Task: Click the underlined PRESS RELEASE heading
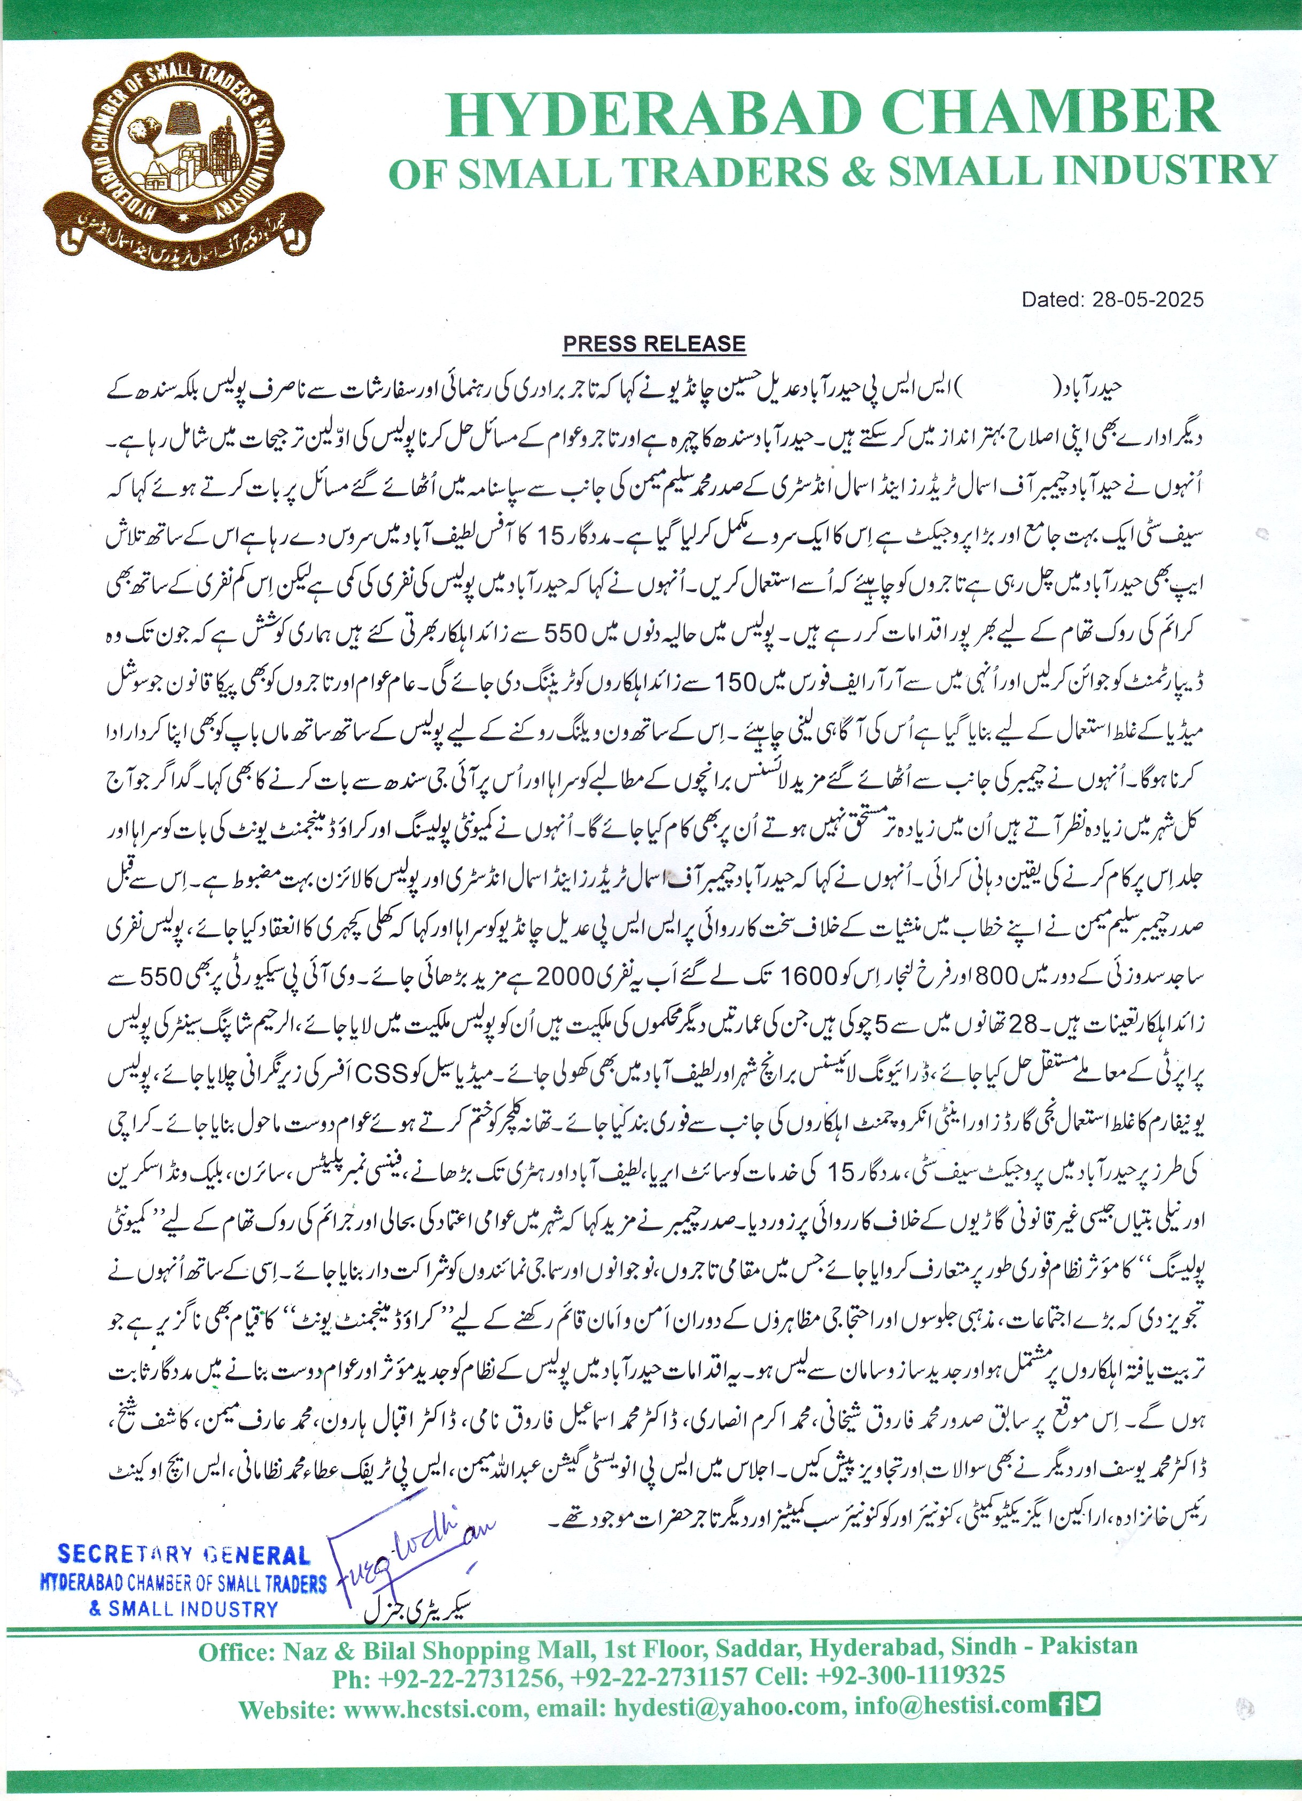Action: click(x=654, y=344)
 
